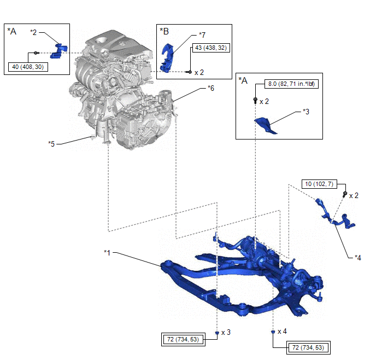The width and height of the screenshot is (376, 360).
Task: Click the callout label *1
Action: (x=108, y=252)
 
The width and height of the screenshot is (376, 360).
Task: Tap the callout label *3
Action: (x=306, y=112)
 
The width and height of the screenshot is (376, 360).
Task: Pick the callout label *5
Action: (x=51, y=144)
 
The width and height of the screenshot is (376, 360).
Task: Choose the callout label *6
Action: (x=211, y=88)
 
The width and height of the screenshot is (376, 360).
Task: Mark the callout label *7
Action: (x=202, y=35)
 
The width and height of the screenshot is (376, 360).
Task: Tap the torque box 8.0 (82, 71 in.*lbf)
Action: (x=291, y=84)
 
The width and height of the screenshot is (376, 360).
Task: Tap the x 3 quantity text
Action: (x=226, y=332)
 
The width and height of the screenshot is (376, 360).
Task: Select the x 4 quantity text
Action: (x=283, y=332)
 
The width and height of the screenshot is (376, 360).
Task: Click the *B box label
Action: (x=164, y=31)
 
